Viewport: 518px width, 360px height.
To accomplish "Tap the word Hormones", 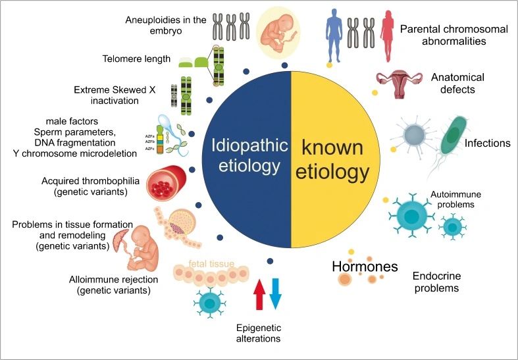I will coord(365,267).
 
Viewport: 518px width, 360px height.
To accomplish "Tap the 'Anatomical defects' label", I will coord(453,83).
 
